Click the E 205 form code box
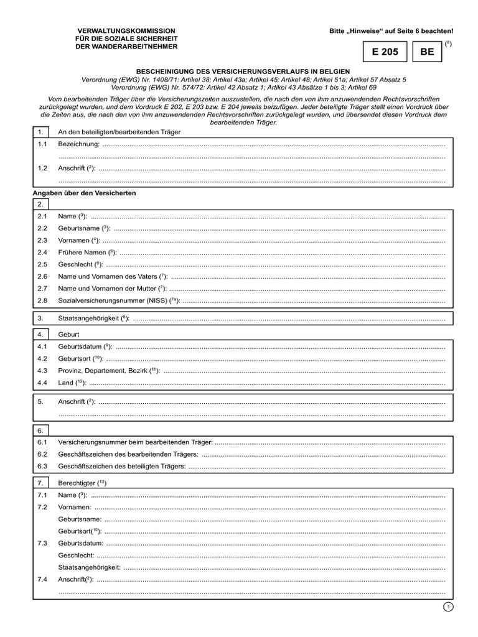pos(385,52)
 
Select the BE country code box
pos(427,52)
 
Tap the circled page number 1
pos(449,607)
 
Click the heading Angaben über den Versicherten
pos(84,193)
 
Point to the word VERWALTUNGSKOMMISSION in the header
pos(126,30)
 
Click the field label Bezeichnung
pos(78,144)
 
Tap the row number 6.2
pos(42,454)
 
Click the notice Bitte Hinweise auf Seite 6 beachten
pos(391,30)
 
